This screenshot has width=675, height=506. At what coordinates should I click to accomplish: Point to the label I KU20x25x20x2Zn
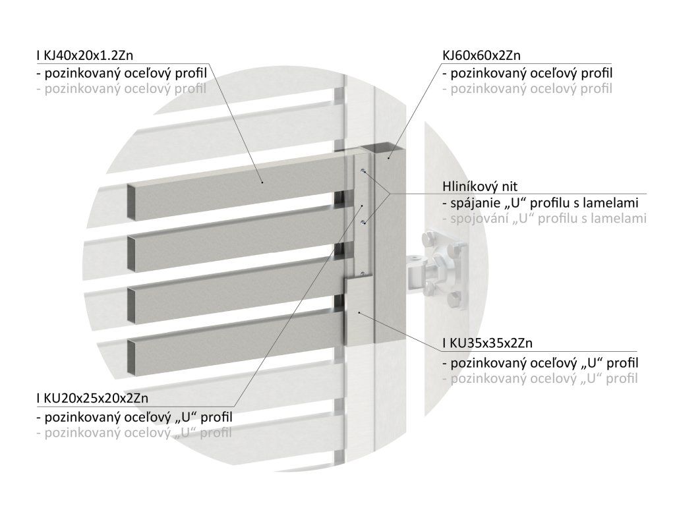93,398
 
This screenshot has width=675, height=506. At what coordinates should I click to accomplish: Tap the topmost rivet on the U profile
363,171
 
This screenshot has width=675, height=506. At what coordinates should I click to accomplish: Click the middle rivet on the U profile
363,223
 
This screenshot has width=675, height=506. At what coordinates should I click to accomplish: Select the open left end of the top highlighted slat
132,202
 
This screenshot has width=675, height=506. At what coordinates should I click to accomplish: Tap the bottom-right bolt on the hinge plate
455,302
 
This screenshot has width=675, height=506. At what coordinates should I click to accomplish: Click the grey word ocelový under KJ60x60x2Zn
529,88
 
